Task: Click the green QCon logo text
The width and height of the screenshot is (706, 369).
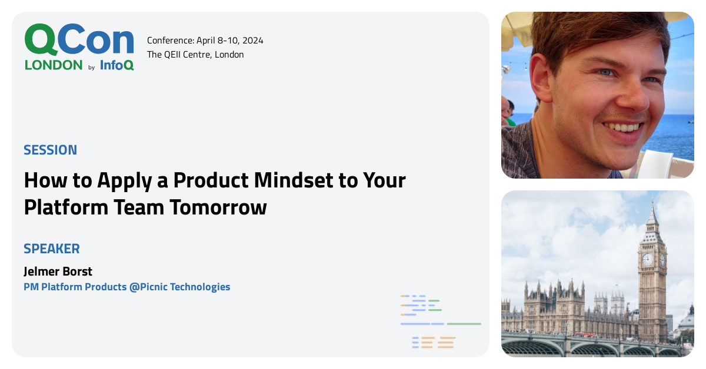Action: (x=79, y=40)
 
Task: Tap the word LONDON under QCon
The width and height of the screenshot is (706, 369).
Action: (x=54, y=65)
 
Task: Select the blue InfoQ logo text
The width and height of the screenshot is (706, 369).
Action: (x=116, y=65)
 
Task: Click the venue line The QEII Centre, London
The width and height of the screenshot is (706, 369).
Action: (x=195, y=55)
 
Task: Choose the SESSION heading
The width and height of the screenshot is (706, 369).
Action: (x=50, y=150)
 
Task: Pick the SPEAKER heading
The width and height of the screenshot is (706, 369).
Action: (x=52, y=249)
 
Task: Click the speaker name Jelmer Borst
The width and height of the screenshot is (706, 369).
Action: (x=58, y=271)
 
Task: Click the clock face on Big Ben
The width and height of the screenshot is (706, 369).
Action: (x=647, y=259)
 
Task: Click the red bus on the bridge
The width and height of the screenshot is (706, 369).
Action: (x=585, y=334)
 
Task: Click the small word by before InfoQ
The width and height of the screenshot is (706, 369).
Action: (x=91, y=68)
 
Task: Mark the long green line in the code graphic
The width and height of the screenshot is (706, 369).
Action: (x=464, y=324)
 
